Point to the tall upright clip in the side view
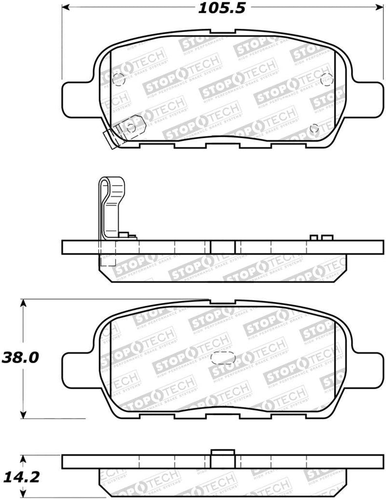tap(110, 205)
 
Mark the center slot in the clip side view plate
tap(223, 247)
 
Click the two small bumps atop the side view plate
tap(321, 237)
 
